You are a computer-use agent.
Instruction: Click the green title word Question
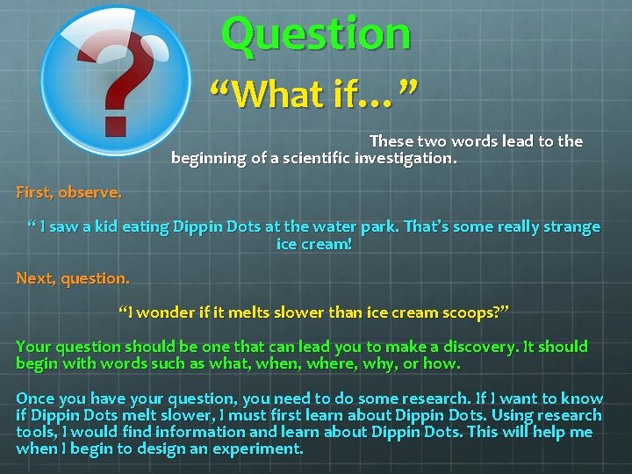(316, 33)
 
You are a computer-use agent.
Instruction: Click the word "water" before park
(334, 226)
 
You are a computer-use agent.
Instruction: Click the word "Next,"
(36, 278)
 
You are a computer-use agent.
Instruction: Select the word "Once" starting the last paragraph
(35, 399)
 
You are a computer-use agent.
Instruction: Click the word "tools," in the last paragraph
(38, 432)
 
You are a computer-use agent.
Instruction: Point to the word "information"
(199, 432)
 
